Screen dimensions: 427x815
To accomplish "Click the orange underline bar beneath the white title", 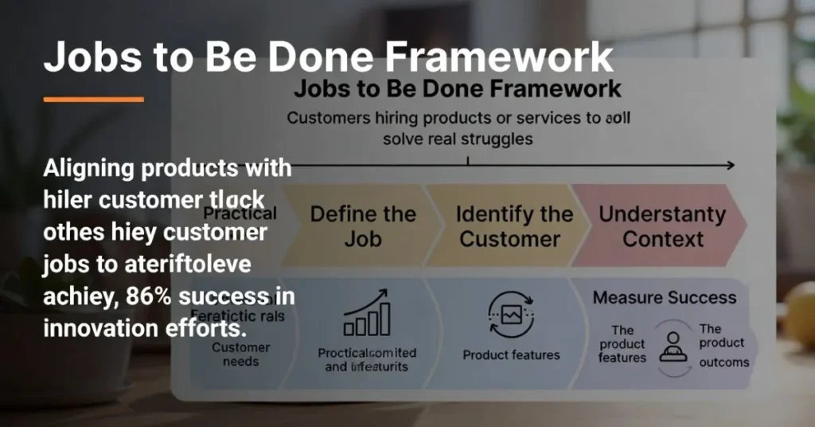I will coord(93,100).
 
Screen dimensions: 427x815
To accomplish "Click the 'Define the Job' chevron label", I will coord(362,226).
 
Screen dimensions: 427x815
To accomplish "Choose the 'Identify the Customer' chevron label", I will coord(514,226).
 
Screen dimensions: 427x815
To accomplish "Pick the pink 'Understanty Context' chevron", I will coord(662,226).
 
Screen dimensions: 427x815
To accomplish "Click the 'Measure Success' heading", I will coord(665,298).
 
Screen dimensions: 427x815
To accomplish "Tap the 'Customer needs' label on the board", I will coord(240,355).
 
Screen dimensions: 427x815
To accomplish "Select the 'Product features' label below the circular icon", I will coord(511,355).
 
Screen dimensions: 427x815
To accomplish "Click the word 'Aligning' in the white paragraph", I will coord(96,169).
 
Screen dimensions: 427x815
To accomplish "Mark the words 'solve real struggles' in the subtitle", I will coord(458,138).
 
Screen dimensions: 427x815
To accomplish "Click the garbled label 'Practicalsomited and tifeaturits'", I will coord(367,359).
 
